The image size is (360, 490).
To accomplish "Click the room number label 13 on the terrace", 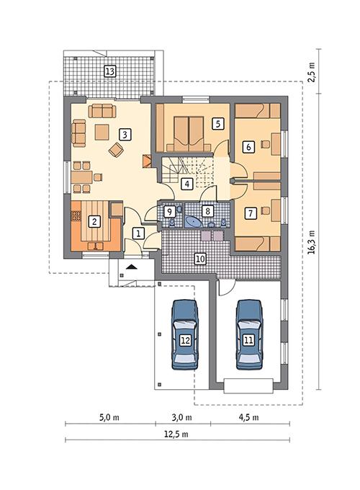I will tap(110, 71).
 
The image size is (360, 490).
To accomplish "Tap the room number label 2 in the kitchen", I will tap(93, 222).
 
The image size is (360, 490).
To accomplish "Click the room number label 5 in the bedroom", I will tap(216, 123).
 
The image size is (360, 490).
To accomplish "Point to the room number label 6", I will tap(249, 146).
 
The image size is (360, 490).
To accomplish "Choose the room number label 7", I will tap(250, 213).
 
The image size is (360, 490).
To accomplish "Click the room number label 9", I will tap(170, 212).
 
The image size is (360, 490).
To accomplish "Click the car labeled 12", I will tap(186, 339).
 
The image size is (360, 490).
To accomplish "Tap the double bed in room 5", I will tap(188, 129).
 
